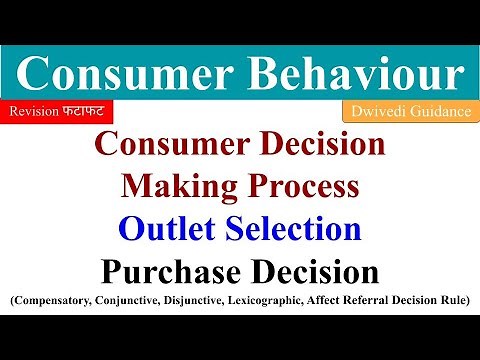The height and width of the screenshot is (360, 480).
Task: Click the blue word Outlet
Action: click(166, 229)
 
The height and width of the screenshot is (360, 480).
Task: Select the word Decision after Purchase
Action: click(317, 272)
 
